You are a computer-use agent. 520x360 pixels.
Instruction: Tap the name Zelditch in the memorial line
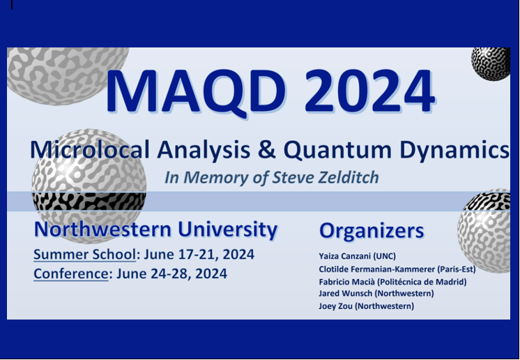point(346,177)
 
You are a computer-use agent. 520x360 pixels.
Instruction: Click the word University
point(227,230)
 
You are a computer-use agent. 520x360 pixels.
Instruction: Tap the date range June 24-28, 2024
point(171,273)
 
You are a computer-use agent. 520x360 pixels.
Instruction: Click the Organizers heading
point(371,231)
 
